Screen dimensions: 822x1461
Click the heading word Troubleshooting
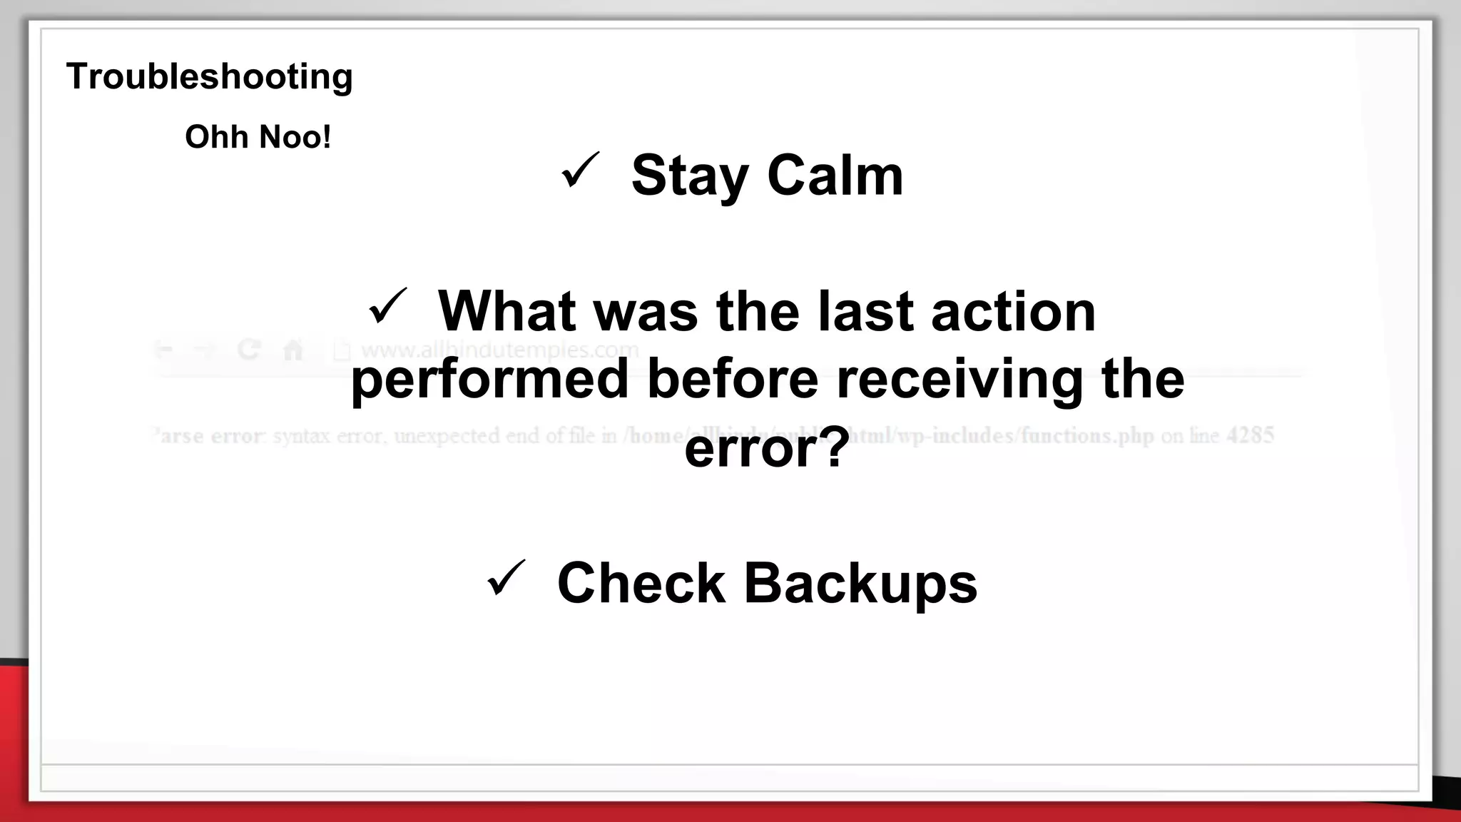209,76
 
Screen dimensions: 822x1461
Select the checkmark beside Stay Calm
579,171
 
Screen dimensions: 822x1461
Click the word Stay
689,176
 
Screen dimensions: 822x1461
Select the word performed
489,379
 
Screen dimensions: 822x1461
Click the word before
733,379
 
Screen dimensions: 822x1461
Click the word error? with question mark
767,447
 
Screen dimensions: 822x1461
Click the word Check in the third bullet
641,583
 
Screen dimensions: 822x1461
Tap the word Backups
860,583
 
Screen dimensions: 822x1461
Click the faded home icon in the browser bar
293,350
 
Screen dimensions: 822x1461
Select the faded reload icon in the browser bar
249,350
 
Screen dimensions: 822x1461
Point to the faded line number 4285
1250,435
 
